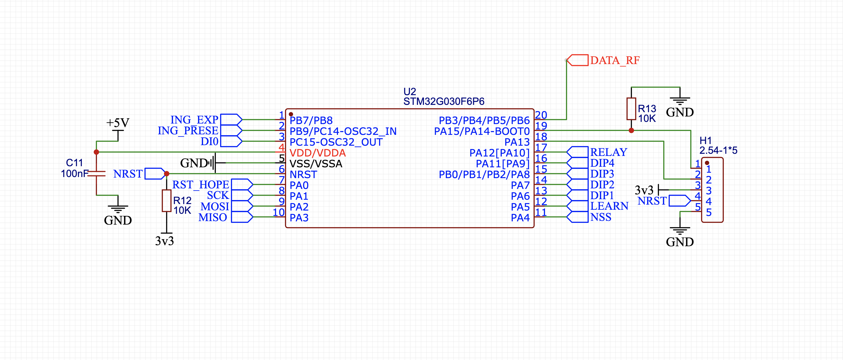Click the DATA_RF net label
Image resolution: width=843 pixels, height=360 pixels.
[615, 61]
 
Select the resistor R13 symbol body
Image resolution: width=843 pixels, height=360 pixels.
[631, 109]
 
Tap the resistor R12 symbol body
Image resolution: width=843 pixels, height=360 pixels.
[166, 201]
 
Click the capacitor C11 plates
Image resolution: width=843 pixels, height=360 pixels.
[96, 174]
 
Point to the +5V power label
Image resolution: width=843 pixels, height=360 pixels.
[118, 123]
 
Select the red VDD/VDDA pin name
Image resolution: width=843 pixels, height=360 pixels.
[317, 153]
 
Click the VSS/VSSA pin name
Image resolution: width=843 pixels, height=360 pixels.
[316, 164]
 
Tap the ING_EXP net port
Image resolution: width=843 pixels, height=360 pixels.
[231, 120]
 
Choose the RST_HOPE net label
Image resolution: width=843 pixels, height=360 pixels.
[200, 185]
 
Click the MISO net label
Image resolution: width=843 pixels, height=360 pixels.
[213, 217]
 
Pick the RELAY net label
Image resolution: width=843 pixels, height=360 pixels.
[609, 152]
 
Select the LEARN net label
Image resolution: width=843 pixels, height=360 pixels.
[609, 206]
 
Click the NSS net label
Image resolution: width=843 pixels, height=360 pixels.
[601, 217]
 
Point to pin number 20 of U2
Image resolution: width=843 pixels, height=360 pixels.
[541, 115]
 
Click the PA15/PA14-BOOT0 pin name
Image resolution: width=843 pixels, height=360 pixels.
[482, 132]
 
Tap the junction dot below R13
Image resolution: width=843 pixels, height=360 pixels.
[631, 131]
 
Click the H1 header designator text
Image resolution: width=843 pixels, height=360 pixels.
[705, 141]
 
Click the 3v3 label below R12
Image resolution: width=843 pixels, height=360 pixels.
[164, 241]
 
